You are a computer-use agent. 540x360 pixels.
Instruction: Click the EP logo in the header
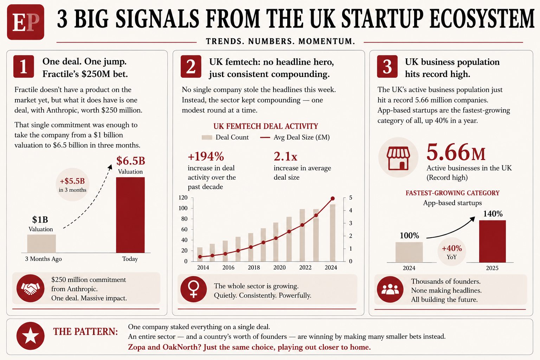pyautogui.click(x=26, y=22)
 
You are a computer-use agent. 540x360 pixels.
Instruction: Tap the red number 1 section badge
pyautogui.click(x=24, y=66)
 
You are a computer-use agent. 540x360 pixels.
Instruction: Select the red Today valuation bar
pyautogui.click(x=130, y=215)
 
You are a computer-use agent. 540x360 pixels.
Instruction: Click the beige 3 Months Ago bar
pyautogui.click(x=41, y=244)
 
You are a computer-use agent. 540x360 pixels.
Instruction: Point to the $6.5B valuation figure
pyautogui.click(x=131, y=161)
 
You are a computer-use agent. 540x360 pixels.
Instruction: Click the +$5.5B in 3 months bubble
pyautogui.click(x=72, y=185)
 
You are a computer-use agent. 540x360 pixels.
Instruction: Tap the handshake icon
pyautogui.click(x=30, y=288)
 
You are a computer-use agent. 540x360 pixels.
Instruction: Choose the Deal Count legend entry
pyautogui.click(x=225, y=137)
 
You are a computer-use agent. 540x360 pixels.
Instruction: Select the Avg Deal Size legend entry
pyautogui.click(x=295, y=137)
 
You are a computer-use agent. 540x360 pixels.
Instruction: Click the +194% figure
pyautogui.click(x=206, y=156)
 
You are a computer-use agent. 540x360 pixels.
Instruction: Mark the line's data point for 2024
pyautogui.click(x=333, y=198)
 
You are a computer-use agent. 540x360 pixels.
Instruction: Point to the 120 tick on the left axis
pyautogui.click(x=183, y=198)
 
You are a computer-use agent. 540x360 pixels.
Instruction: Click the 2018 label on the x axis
pyautogui.click(x=254, y=268)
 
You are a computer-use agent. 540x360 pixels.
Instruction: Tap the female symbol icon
pyautogui.click(x=194, y=289)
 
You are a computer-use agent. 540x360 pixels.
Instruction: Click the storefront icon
pyautogui.click(x=398, y=158)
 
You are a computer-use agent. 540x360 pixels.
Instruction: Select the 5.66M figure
pyautogui.click(x=456, y=153)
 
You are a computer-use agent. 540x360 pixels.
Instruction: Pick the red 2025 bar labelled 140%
pyautogui.click(x=492, y=242)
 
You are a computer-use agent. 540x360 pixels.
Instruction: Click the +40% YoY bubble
pyautogui.click(x=452, y=252)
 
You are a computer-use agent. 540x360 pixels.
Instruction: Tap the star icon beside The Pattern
pyautogui.click(x=30, y=336)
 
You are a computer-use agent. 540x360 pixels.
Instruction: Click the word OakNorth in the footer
pyautogui.click(x=180, y=347)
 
